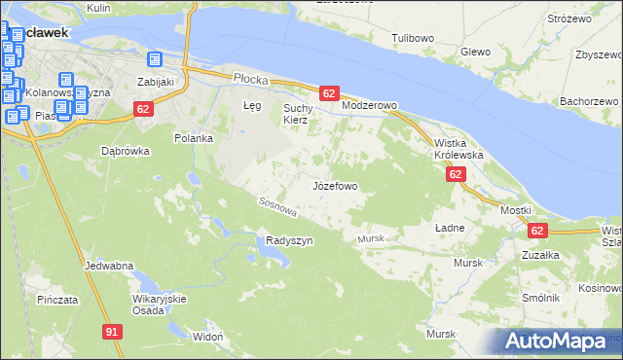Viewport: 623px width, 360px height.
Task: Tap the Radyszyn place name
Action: pyautogui.click(x=289, y=241)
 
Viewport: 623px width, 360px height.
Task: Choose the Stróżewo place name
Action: pyautogui.click(x=570, y=18)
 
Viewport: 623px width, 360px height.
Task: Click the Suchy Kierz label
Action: pyautogui.click(x=296, y=114)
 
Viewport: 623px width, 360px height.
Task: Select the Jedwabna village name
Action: pyautogui.click(x=109, y=266)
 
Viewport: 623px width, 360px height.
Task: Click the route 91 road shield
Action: pyautogui.click(x=114, y=333)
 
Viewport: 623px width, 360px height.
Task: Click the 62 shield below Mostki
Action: pyautogui.click(x=537, y=231)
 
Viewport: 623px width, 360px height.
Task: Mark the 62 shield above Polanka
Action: pyautogui.click(x=143, y=109)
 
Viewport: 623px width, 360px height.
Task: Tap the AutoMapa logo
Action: pyautogui.click(x=558, y=342)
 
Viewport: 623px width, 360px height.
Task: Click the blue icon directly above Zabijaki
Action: pyautogui.click(x=154, y=61)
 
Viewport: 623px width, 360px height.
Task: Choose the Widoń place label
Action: pyautogui.click(x=208, y=336)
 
